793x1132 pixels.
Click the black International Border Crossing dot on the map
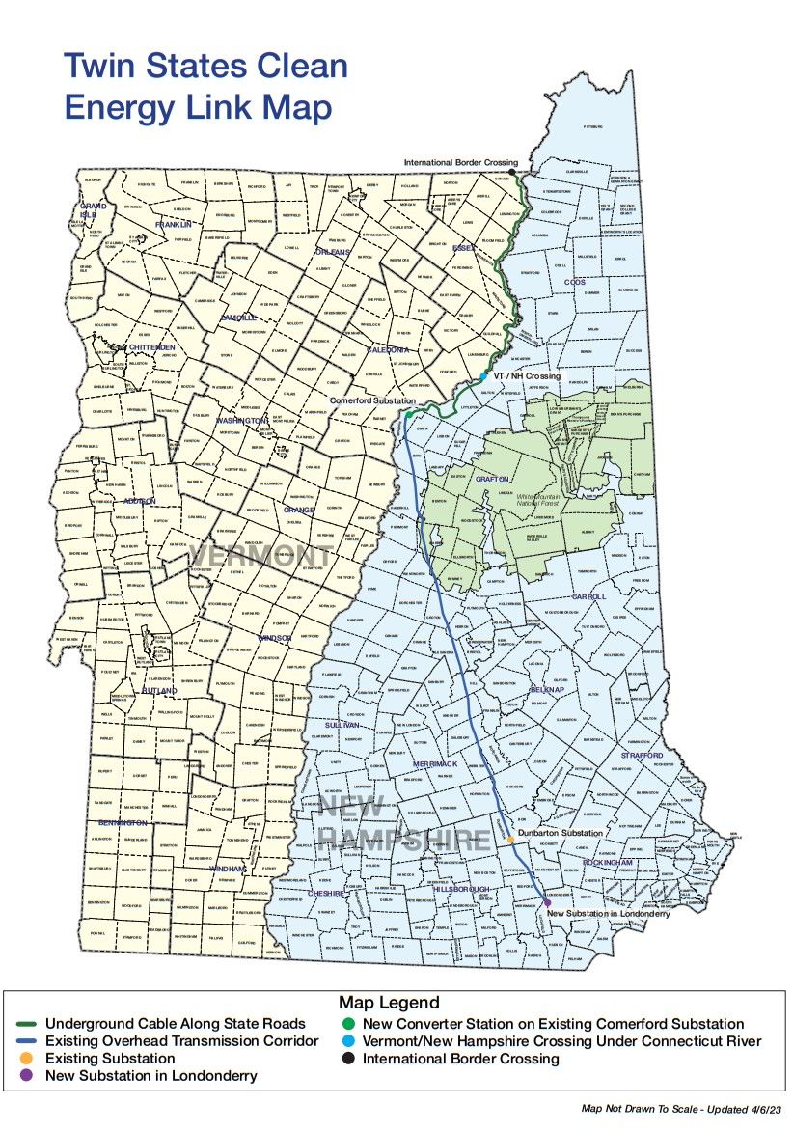[x=512, y=173]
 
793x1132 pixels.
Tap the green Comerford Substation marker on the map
[x=408, y=414]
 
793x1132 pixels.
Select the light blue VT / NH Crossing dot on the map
[x=483, y=376]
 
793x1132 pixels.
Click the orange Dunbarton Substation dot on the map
[x=510, y=839]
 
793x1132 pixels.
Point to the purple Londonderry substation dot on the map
[x=548, y=902]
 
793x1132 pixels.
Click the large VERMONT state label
[x=260, y=557]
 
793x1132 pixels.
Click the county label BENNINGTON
[x=123, y=823]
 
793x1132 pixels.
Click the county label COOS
[x=576, y=282]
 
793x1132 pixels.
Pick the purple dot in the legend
[x=28, y=1075]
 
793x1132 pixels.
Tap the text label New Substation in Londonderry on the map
[x=608, y=913]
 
